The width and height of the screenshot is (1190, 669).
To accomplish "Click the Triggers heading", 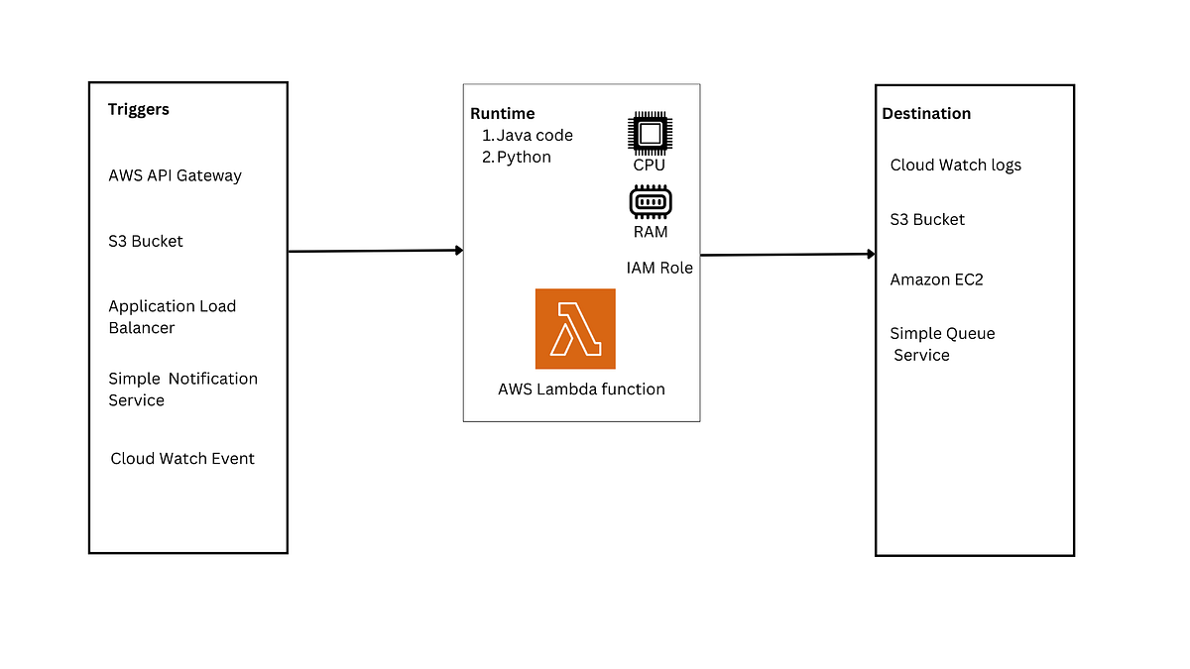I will point(139,110).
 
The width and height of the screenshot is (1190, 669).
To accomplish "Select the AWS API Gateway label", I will point(175,176).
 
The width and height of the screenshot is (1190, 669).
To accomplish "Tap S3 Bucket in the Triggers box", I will point(146,242).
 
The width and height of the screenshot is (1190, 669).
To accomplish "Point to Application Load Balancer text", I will point(172,317).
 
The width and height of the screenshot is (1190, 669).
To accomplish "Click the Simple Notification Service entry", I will point(182,390).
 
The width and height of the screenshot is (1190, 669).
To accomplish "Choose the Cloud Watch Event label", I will point(182,459).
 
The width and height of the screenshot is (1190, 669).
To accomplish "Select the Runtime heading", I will point(502,114).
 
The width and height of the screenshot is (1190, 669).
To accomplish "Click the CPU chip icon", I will point(650,133).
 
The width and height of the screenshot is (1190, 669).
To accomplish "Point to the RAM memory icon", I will point(651,202).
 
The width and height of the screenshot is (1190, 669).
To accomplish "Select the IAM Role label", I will point(659,268).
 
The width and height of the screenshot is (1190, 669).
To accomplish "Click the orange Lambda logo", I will point(575,329).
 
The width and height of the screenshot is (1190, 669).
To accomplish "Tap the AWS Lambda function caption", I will point(581,390).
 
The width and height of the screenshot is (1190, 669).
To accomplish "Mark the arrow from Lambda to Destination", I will point(787,255).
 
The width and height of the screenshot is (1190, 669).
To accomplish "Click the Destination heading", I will point(926,114).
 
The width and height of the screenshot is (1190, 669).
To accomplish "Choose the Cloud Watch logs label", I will point(955,166).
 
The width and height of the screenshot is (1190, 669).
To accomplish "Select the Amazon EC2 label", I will point(936,280).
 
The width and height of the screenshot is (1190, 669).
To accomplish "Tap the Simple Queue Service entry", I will point(942,345).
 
